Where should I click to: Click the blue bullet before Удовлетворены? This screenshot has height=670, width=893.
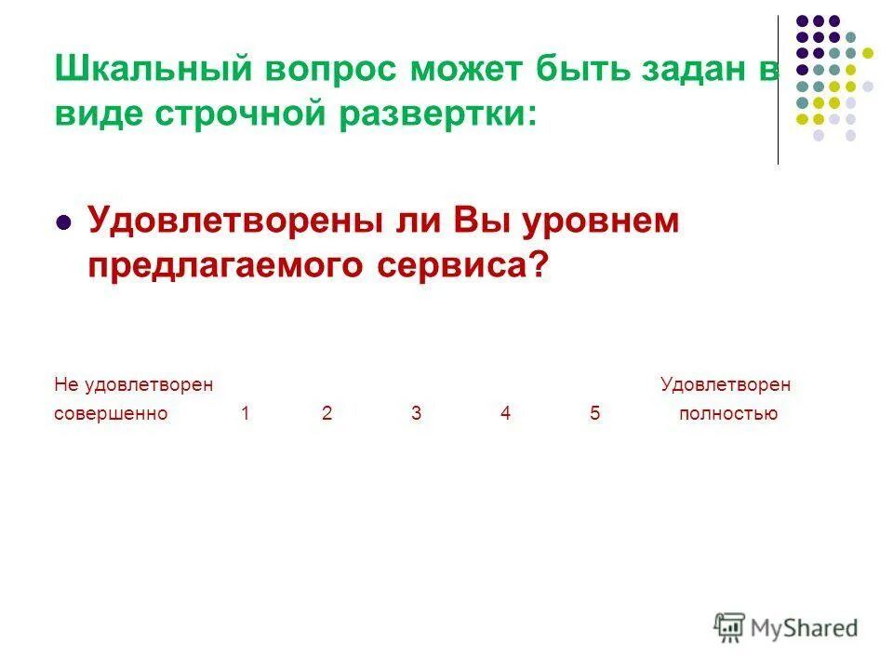64,223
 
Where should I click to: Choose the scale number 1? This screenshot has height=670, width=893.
246,414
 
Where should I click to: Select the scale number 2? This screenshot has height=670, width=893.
327,414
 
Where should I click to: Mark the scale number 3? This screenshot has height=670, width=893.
417,414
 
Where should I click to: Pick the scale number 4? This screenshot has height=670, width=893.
505,414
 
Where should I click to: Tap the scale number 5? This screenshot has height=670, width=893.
595,414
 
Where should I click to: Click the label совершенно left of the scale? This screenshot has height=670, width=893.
111,414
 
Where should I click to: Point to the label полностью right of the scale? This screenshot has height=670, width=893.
728,414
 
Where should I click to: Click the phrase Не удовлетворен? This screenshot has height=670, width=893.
133,384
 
